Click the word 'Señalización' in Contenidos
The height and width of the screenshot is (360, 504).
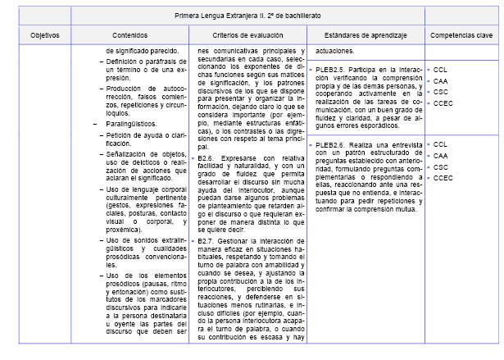(129, 153)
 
